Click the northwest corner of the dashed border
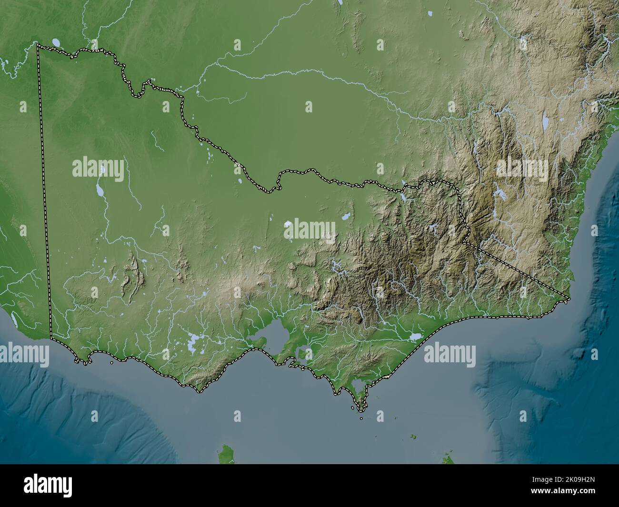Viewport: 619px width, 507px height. click(x=39, y=47)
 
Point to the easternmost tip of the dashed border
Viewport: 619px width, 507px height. click(x=569, y=299)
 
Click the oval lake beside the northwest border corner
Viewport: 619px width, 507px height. click(x=57, y=42)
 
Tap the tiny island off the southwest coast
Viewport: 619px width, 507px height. click(x=111, y=363)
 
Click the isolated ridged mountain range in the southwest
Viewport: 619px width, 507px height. click(x=130, y=281)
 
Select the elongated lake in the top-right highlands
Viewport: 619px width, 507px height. click(x=544, y=123)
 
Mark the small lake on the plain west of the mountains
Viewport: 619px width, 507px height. click(x=345, y=217)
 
